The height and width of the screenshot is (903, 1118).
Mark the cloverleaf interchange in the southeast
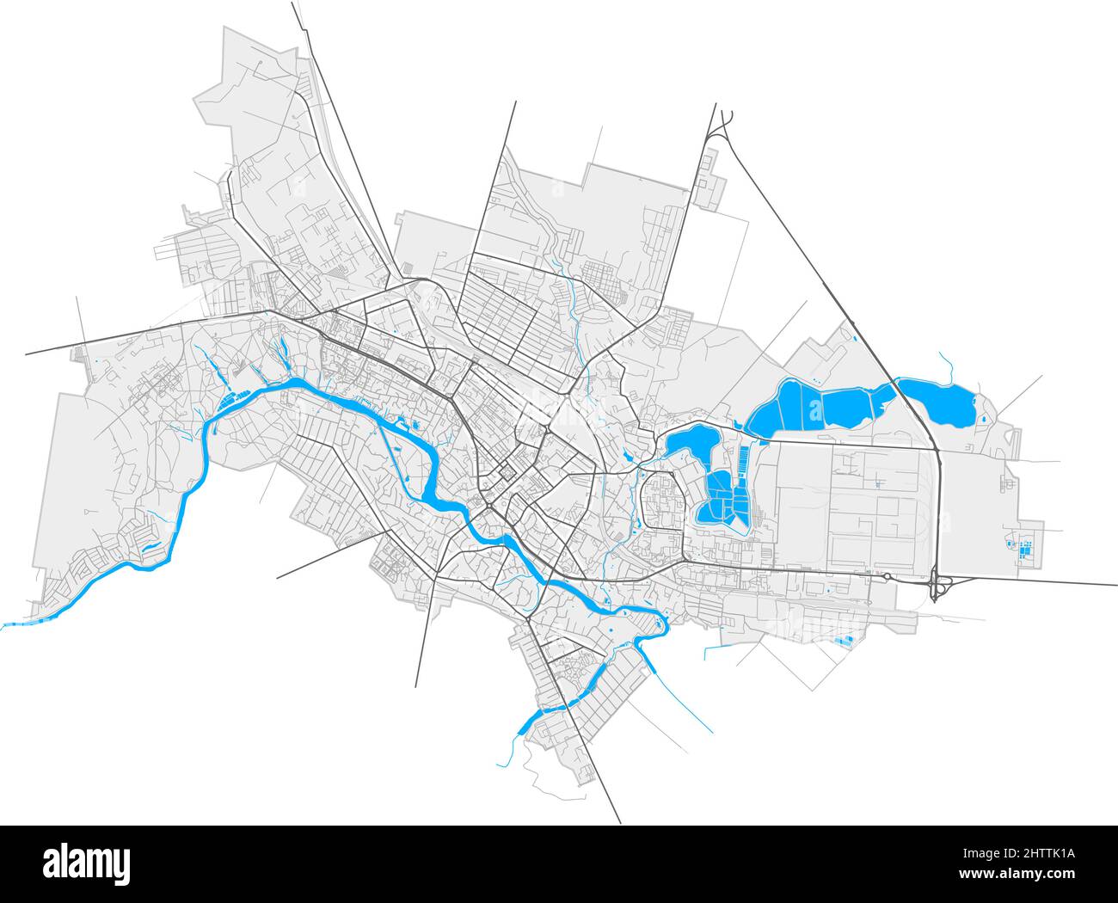939,587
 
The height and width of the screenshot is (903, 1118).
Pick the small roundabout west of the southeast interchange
886,575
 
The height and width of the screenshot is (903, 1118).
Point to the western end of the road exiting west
28,353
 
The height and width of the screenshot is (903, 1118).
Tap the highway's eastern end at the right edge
1115,586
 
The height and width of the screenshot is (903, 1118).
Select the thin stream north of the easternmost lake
947,365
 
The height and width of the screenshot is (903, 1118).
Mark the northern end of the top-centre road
515,102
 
